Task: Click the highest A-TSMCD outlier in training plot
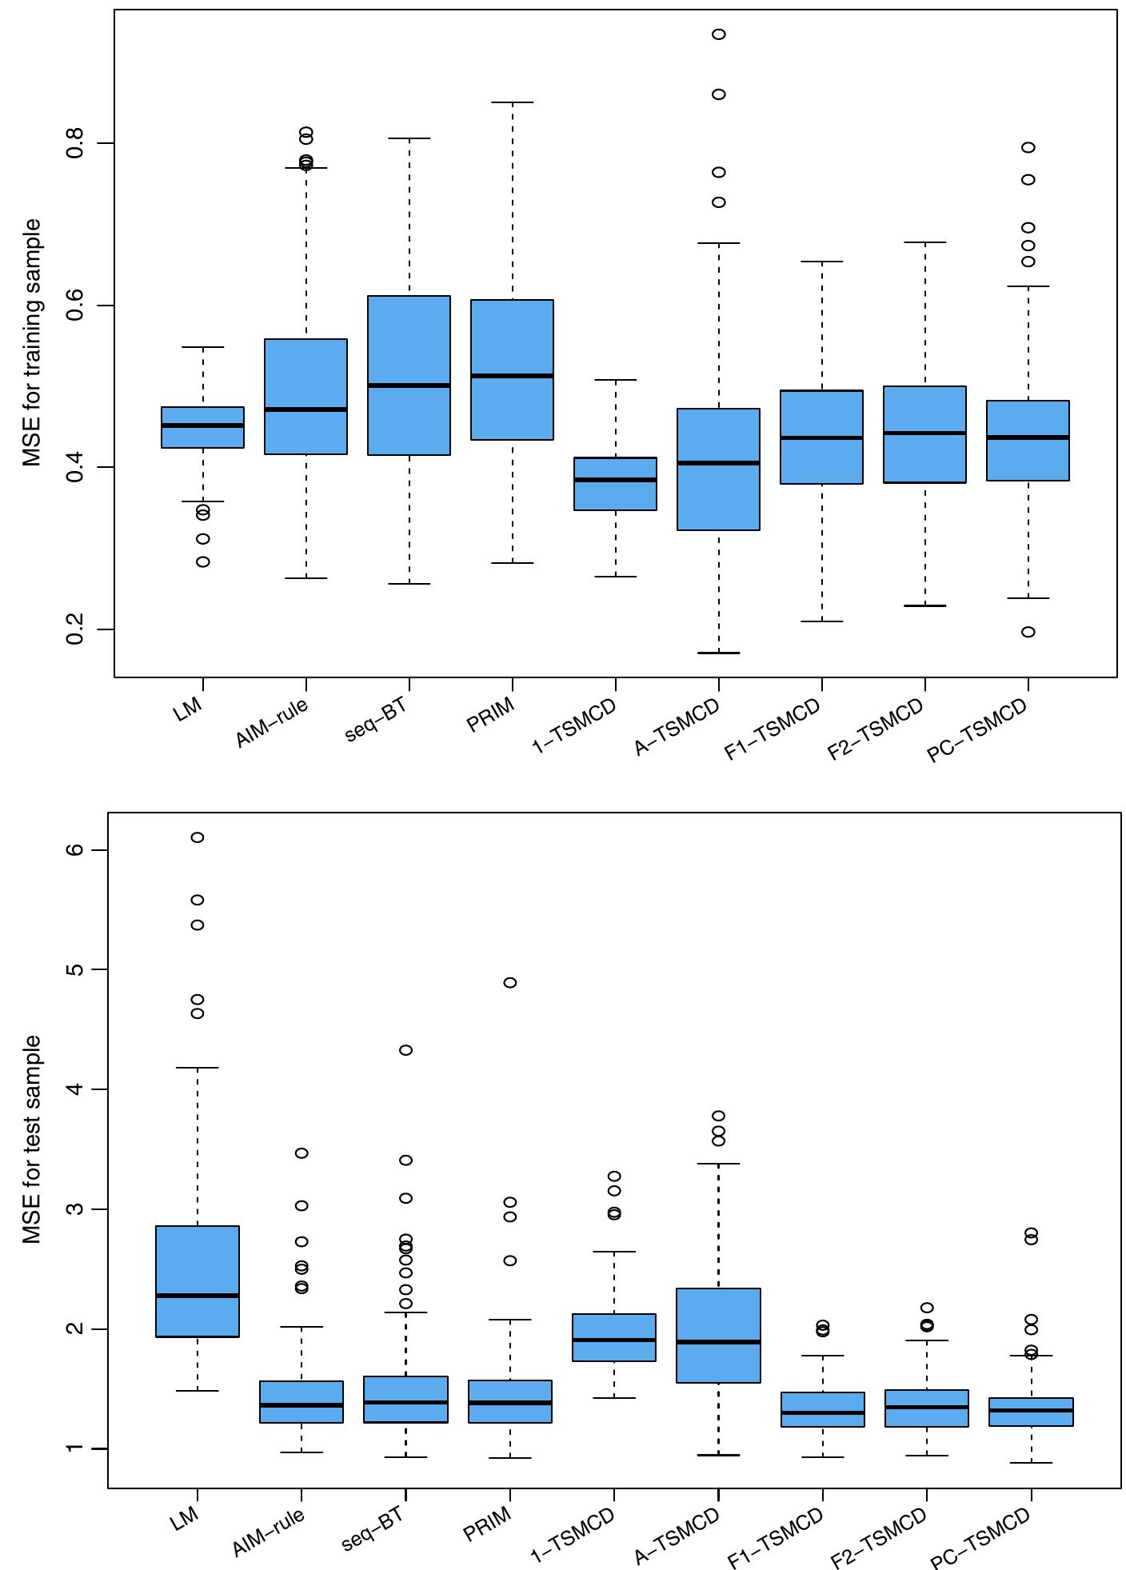pos(719,34)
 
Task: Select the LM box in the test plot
pos(198,1280)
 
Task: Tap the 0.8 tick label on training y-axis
pos(75,144)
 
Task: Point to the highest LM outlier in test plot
pos(198,837)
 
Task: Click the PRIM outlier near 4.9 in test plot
pos(509,982)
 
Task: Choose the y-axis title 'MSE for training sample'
pos(32,343)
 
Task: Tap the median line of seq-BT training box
pos(409,386)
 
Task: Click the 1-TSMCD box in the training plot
pos(616,484)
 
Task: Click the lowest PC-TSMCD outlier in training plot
pos(1028,632)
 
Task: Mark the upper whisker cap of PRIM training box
pos(513,102)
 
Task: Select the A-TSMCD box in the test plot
pos(719,1335)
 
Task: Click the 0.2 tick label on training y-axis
pos(75,629)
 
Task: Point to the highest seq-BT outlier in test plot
pos(405,1050)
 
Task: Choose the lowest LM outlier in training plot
pos(203,561)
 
